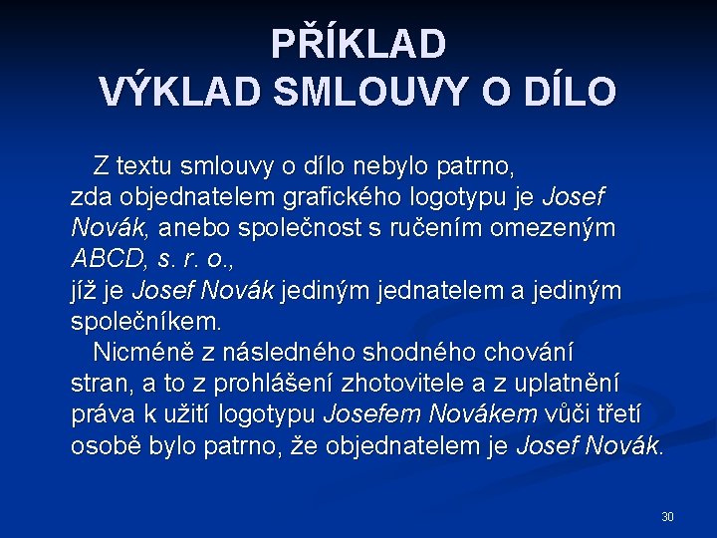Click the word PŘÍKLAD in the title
tap(358, 44)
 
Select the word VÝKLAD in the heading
tap(180, 92)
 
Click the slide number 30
tap(667, 516)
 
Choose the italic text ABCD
tap(109, 259)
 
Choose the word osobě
tap(106, 446)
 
